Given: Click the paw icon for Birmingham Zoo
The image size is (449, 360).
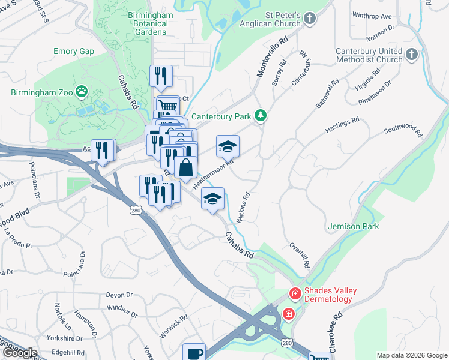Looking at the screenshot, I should click(82, 92).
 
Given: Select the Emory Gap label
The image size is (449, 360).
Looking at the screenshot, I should click(74, 52).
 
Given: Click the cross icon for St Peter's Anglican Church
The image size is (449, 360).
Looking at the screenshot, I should click(310, 19).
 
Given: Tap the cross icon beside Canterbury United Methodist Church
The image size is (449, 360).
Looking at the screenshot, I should click(412, 55).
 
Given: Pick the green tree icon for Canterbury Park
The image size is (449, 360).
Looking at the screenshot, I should click(260, 115).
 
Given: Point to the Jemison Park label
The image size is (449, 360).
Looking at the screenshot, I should click(354, 226).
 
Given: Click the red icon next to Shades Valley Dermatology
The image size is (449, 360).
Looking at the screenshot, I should click(295, 294).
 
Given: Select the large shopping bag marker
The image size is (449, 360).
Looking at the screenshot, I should click(186, 168).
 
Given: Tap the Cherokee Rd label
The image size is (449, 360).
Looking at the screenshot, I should click(338, 323).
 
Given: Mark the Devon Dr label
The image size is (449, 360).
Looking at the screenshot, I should click(119, 295).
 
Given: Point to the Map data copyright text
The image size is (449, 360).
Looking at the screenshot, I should click(411, 355).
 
